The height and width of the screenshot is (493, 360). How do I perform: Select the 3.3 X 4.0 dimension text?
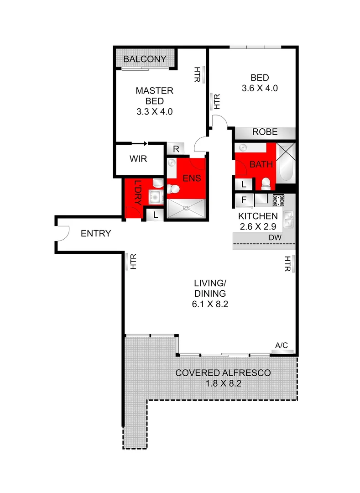click(x=154, y=111)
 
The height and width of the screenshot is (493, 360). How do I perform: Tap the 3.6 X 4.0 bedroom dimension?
click(x=259, y=89)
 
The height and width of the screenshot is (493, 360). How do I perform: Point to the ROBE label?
click(x=265, y=132)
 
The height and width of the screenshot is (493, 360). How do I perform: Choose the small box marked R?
click(x=176, y=149)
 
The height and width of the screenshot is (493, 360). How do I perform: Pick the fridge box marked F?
click(x=244, y=199)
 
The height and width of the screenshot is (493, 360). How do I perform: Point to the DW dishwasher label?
click(x=275, y=238)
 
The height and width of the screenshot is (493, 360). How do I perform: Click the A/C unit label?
click(x=281, y=346)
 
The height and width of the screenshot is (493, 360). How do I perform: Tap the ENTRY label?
click(x=96, y=234)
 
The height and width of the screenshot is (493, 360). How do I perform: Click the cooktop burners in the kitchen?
click(x=278, y=199)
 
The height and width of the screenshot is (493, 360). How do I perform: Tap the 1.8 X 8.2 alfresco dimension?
click(x=223, y=384)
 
